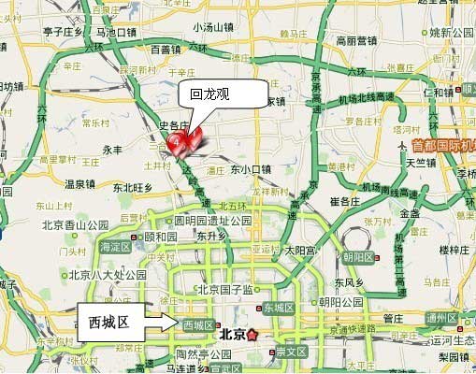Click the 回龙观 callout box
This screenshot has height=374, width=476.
coord(210,94)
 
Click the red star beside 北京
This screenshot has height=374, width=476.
coord(251,334)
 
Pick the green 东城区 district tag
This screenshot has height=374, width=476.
coord(278,308)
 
